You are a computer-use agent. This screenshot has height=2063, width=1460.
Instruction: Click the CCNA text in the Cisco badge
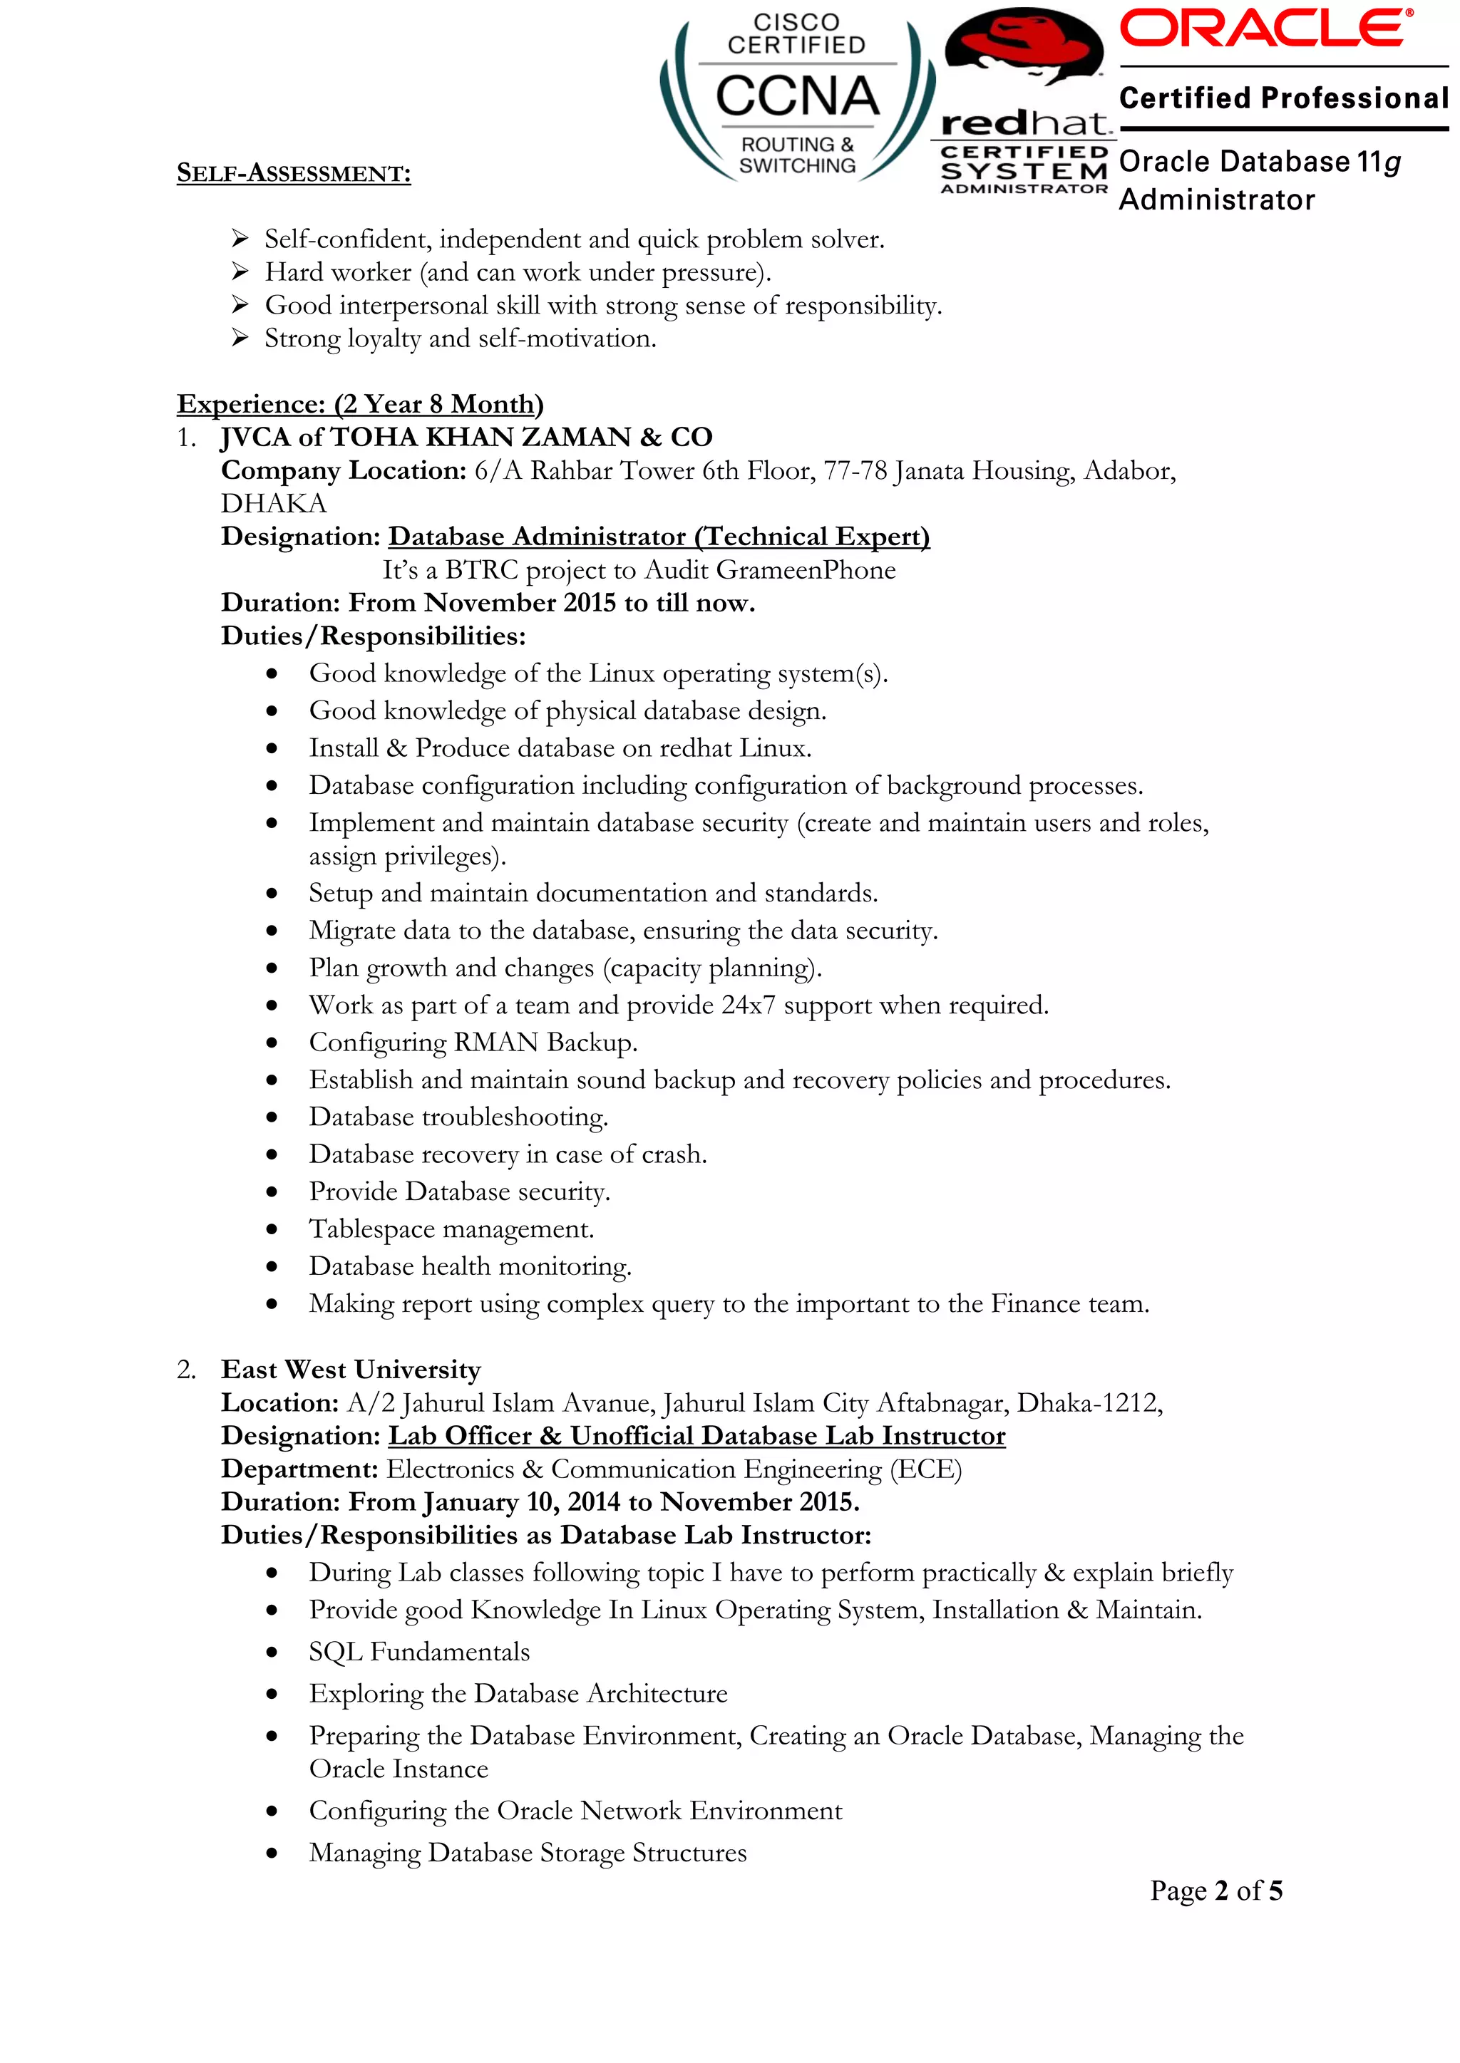point(796,97)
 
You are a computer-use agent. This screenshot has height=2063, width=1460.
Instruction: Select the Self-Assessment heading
point(293,172)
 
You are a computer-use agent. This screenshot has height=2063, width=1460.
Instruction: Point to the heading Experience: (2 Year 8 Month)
point(359,404)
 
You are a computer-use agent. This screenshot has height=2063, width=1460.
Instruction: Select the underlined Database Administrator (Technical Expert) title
point(658,537)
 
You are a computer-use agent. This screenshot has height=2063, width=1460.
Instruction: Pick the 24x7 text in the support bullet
point(748,1005)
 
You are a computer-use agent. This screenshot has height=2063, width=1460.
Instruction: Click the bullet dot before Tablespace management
point(272,1229)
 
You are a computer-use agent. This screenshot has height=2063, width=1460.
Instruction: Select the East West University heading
point(351,1370)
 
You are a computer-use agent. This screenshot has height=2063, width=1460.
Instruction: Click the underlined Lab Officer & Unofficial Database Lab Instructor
point(696,1436)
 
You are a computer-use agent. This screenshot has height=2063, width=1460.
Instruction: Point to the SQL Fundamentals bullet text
point(419,1652)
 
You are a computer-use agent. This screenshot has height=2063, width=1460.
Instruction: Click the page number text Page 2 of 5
point(1215,1891)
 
